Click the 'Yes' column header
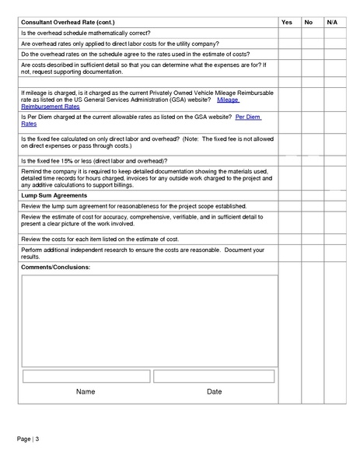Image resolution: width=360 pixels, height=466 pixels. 286,22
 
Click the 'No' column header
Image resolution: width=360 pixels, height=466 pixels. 308,22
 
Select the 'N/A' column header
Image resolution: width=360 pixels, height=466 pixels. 331,22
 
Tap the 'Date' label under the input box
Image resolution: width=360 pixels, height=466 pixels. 215,391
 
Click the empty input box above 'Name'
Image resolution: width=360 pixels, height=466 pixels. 86,377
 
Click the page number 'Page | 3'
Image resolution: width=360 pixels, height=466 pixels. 28,440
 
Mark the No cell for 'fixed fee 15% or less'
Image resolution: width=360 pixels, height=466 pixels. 308,160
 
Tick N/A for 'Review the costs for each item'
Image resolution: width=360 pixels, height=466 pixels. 331,239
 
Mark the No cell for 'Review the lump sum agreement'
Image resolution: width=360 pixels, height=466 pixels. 308,206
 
